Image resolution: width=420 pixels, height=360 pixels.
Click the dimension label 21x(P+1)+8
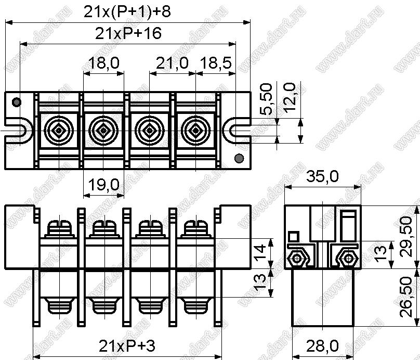(127, 12)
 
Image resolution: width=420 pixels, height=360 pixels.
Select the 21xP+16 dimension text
(128, 33)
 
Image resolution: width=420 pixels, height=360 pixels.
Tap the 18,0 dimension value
(103, 63)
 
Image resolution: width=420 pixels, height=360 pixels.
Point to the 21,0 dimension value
(172, 63)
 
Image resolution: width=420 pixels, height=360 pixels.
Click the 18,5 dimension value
(216, 63)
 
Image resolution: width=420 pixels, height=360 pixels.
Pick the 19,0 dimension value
(103, 185)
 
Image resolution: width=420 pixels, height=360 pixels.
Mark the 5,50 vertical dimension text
(266, 99)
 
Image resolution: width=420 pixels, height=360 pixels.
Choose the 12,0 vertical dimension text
(289, 98)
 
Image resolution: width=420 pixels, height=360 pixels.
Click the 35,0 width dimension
(322, 177)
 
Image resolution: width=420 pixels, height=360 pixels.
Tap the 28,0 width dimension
(322, 346)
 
